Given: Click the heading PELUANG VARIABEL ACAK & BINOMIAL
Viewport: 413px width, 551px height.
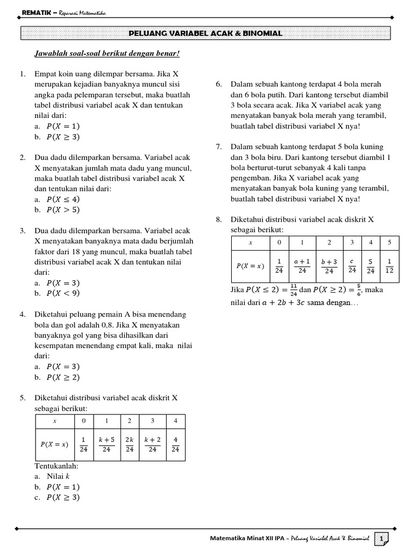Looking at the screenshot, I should point(206,34).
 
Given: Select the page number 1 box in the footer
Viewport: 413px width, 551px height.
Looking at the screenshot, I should point(382,539).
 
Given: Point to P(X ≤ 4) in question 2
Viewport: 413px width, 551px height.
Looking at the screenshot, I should point(63,199).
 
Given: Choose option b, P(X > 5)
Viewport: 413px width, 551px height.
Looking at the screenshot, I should point(63,210).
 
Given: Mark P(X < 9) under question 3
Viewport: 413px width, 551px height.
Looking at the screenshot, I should point(63,293).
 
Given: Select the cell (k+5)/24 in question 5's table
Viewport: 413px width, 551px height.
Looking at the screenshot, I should point(106,444).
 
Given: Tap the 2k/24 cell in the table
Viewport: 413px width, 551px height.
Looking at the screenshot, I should point(129,444).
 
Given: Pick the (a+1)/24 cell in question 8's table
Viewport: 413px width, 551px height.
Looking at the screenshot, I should point(302,266).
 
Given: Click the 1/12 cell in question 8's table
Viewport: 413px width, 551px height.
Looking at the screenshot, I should point(389,266).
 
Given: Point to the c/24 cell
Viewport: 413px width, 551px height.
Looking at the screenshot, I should point(352,266).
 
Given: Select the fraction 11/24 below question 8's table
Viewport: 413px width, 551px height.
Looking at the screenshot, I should point(293,291).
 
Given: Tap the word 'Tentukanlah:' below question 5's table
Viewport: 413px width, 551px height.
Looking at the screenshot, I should point(56,465).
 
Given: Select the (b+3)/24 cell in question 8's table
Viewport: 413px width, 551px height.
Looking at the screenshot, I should point(329,266).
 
